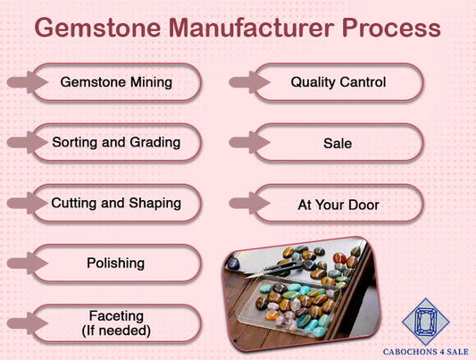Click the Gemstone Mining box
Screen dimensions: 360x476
[x=116, y=82]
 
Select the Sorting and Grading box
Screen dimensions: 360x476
[x=116, y=142]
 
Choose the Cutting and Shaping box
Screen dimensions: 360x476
[x=116, y=203]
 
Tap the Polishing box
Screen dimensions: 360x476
[x=116, y=264]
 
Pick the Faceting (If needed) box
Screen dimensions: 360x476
[x=116, y=322]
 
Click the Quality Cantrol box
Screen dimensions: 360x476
[x=338, y=82]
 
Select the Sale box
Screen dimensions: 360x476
[x=338, y=143]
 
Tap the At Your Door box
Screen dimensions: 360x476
[x=338, y=205]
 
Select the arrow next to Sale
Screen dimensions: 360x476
[x=245, y=143]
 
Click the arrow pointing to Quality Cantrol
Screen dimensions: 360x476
[x=245, y=82]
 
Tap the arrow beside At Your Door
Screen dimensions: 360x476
[x=245, y=205]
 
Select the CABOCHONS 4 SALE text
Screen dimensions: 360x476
[x=426, y=350]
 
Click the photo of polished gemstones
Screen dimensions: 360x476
[x=297, y=290]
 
